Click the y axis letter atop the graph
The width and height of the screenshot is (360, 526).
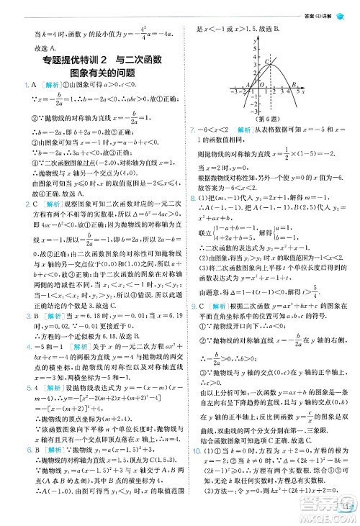coord(258,36)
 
